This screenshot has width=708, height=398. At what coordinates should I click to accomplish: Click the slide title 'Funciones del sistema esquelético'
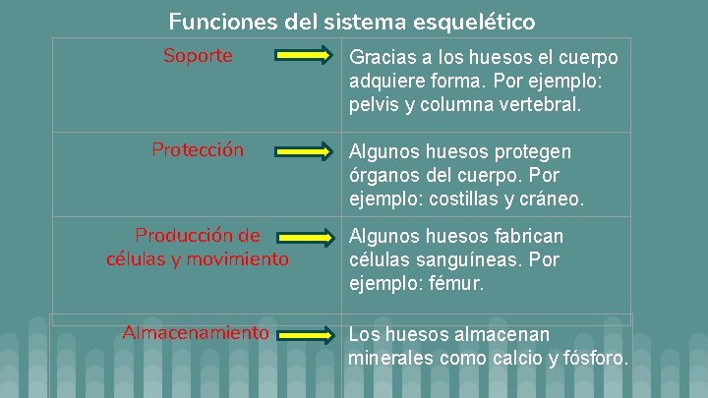point(352,21)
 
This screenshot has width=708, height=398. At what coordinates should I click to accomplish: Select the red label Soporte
point(198,56)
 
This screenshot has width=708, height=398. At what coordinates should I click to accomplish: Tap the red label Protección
point(198,150)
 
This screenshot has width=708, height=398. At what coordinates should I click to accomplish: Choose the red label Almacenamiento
point(196,332)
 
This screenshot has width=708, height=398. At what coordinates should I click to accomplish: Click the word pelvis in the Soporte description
point(371,104)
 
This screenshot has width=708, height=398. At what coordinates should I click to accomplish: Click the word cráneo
point(552,199)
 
